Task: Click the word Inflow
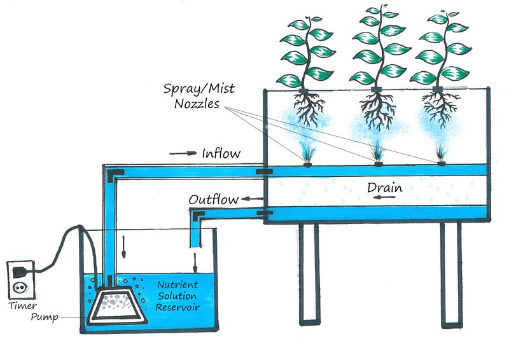pos(221,154)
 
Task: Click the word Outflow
pos(214,200)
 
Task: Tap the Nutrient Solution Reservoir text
pos(178,296)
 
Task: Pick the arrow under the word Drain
pos(382,199)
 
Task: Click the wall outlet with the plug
pos(21,277)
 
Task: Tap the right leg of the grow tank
pos(451,273)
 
